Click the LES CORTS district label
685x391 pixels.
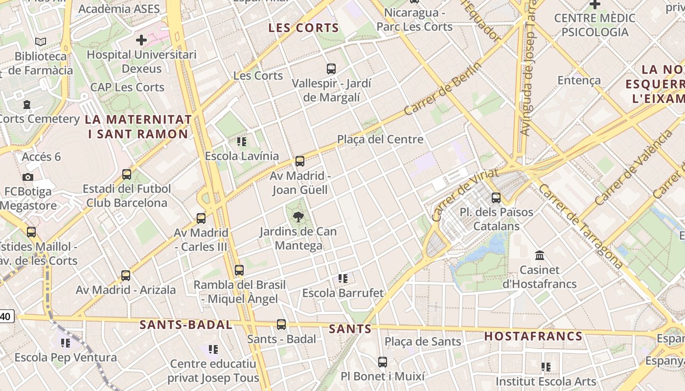(x=303, y=28)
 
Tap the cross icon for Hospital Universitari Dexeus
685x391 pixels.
(x=141, y=40)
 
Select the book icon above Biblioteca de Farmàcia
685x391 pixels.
(x=41, y=42)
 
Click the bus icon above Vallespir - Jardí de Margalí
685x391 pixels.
(x=331, y=69)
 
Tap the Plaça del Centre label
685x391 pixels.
(x=380, y=140)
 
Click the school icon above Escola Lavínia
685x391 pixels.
(x=242, y=142)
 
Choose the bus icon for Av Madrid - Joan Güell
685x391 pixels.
(x=300, y=161)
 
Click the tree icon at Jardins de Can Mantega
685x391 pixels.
(x=298, y=217)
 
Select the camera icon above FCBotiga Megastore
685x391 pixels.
(x=28, y=177)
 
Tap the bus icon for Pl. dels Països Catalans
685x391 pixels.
(x=496, y=198)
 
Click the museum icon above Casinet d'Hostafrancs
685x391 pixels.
(x=540, y=255)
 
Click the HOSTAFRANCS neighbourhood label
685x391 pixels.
(x=533, y=336)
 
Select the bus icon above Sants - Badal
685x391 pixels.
(x=281, y=324)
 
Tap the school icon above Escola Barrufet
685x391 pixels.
(x=343, y=279)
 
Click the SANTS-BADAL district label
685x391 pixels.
(x=186, y=325)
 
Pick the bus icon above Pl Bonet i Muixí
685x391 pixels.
(x=383, y=362)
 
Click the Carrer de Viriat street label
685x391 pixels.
(x=465, y=195)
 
